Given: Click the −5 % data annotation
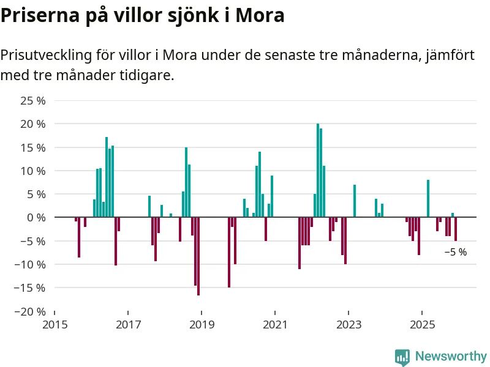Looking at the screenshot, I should click(x=455, y=252).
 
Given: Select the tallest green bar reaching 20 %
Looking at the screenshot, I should click(x=318, y=170).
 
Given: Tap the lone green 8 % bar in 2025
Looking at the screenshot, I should click(x=428, y=198).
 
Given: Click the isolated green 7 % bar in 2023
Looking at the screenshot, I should click(x=355, y=201).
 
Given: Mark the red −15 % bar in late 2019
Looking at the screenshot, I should click(x=229, y=252).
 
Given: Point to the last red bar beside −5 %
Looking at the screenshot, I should click(x=456, y=229).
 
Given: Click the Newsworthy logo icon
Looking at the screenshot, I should click(x=402, y=357).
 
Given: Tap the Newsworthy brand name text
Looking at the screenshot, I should click(x=451, y=356).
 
